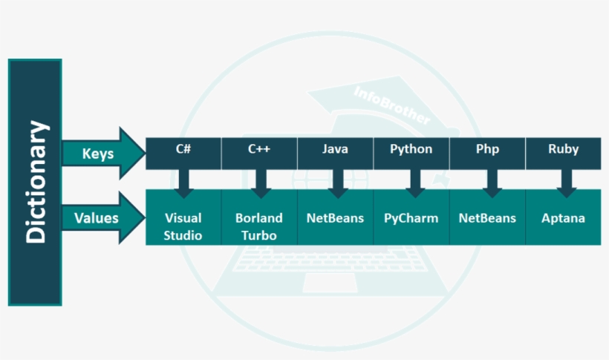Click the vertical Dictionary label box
pos(34,182)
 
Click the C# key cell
pos(183,150)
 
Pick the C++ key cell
pos(259,150)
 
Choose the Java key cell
pos(335,150)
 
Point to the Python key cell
pos(411,150)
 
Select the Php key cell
pos(487,150)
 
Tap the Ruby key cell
pos(563,150)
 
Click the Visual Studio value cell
pos(183,226)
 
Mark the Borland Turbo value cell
pos(259,226)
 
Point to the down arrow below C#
pos(183,183)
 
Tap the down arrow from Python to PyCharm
pos(415,183)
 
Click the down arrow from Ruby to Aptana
pos(567,183)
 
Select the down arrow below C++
pos(260,183)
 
